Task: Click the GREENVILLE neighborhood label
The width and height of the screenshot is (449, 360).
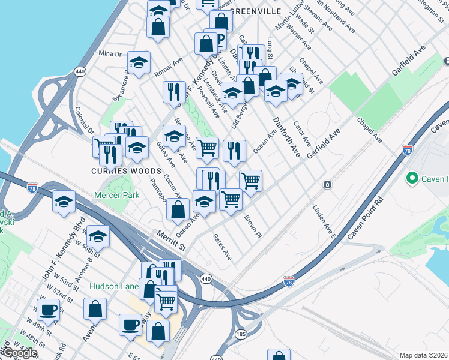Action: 255,11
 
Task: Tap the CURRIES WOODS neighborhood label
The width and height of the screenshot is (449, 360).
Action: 118,170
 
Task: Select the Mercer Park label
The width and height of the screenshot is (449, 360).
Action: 116,195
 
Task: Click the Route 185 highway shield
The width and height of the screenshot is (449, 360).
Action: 241,333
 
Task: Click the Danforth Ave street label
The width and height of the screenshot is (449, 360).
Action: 286,137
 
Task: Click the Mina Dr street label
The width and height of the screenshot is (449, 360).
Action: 110,53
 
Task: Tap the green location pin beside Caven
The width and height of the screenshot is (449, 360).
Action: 412,179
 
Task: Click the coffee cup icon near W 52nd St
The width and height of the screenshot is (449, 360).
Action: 48,310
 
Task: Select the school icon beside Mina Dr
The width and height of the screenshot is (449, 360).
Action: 139,63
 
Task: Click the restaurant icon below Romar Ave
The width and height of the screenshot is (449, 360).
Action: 174,92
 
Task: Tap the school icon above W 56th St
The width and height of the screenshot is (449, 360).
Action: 98,235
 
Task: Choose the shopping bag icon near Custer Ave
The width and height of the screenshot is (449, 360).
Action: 178,209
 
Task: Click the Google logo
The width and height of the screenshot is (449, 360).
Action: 19,353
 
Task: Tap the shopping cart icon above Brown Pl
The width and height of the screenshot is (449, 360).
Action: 231,199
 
